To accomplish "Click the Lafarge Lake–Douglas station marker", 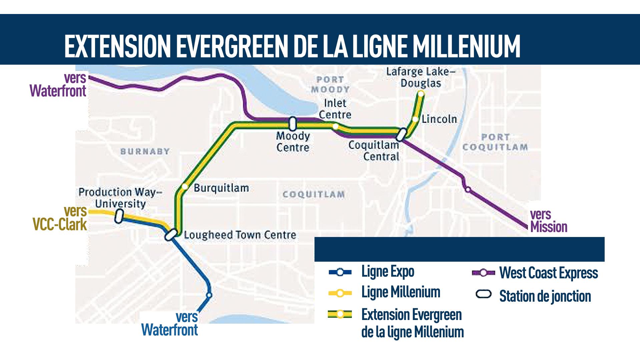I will click(421, 94).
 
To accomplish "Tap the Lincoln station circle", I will click(415, 119).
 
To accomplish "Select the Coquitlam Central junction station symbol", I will click(401, 134).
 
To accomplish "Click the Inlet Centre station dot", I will click(335, 126).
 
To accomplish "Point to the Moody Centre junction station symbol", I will click(292, 124).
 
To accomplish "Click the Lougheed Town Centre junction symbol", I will click(170, 235).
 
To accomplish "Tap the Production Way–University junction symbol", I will click(118, 216).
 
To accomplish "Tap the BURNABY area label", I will click(145, 152).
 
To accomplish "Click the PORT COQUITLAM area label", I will click(495, 142).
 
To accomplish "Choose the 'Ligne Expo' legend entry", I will click(388, 272).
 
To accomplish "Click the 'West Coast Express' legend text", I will click(548, 273).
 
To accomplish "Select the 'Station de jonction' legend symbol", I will click(484, 294).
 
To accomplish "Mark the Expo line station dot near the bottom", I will click(209, 295).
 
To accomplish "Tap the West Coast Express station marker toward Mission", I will click(468, 190).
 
